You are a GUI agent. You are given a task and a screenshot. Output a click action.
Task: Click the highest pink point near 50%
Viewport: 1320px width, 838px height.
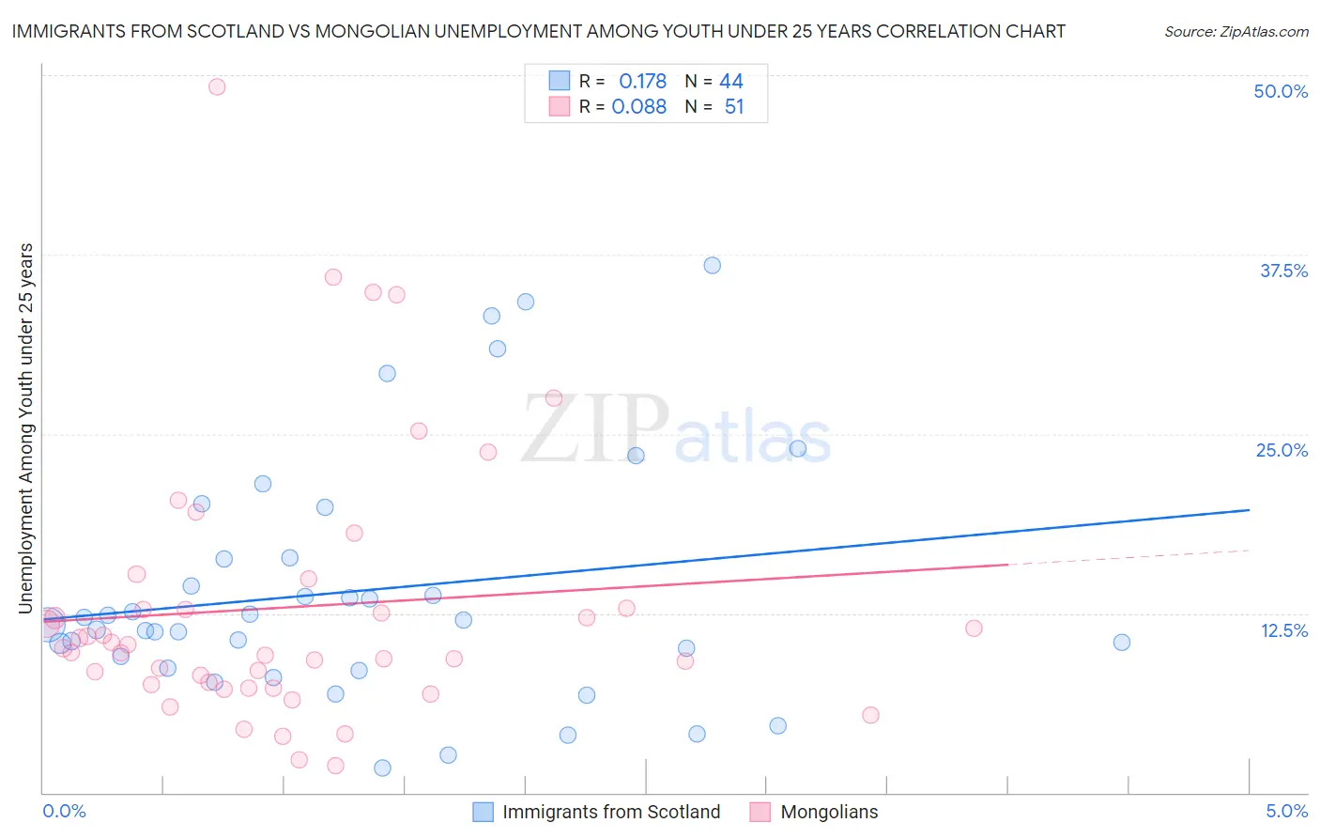pyautogui.click(x=217, y=86)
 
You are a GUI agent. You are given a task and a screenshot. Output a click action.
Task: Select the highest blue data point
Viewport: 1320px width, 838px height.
pyautogui.click(x=713, y=265)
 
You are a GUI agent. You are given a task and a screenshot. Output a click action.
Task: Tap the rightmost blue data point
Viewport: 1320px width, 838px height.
pyautogui.click(x=1122, y=643)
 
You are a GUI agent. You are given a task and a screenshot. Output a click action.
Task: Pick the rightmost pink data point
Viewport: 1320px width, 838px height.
pyautogui.click(x=974, y=628)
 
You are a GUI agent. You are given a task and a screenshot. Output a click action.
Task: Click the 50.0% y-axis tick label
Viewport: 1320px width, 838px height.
pyautogui.click(x=1281, y=91)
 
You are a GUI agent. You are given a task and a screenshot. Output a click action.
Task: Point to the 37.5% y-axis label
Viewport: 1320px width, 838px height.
pyautogui.click(x=1283, y=271)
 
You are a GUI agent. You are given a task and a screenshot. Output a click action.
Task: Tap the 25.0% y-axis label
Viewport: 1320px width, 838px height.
pyautogui.click(x=1282, y=450)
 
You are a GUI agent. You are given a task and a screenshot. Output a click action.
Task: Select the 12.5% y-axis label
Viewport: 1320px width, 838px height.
pyautogui.click(x=1283, y=630)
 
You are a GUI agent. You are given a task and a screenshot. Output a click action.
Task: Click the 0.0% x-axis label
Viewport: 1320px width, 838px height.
pyautogui.click(x=64, y=811)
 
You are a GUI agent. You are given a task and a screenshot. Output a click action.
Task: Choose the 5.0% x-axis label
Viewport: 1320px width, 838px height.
pyautogui.click(x=1286, y=811)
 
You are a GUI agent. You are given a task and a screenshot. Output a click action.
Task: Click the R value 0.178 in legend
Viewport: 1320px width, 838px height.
pyautogui.click(x=642, y=82)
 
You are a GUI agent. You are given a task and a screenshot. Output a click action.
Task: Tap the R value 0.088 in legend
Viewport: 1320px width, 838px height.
pyautogui.click(x=638, y=107)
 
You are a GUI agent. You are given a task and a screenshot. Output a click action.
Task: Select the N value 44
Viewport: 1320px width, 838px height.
pyautogui.click(x=731, y=82)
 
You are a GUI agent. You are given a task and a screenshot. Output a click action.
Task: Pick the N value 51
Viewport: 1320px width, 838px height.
pyautogui.click(x=734, y=107)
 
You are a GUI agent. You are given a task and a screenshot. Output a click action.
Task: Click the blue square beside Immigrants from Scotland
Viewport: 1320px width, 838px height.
pyautogui.click(x=483, y=812)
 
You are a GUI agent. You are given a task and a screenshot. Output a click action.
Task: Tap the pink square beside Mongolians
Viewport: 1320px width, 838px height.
pyautogui.click(x=760, y=812)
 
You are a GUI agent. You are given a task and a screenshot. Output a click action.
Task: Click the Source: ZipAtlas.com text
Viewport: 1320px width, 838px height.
pyautogui.click(x=1236, y=31)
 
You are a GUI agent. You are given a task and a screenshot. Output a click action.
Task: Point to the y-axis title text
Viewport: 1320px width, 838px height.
pyautogui.click(x=25, y=428)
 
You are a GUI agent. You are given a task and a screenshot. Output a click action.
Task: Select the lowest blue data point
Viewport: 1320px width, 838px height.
pyautogui.click(x=382, y=768)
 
